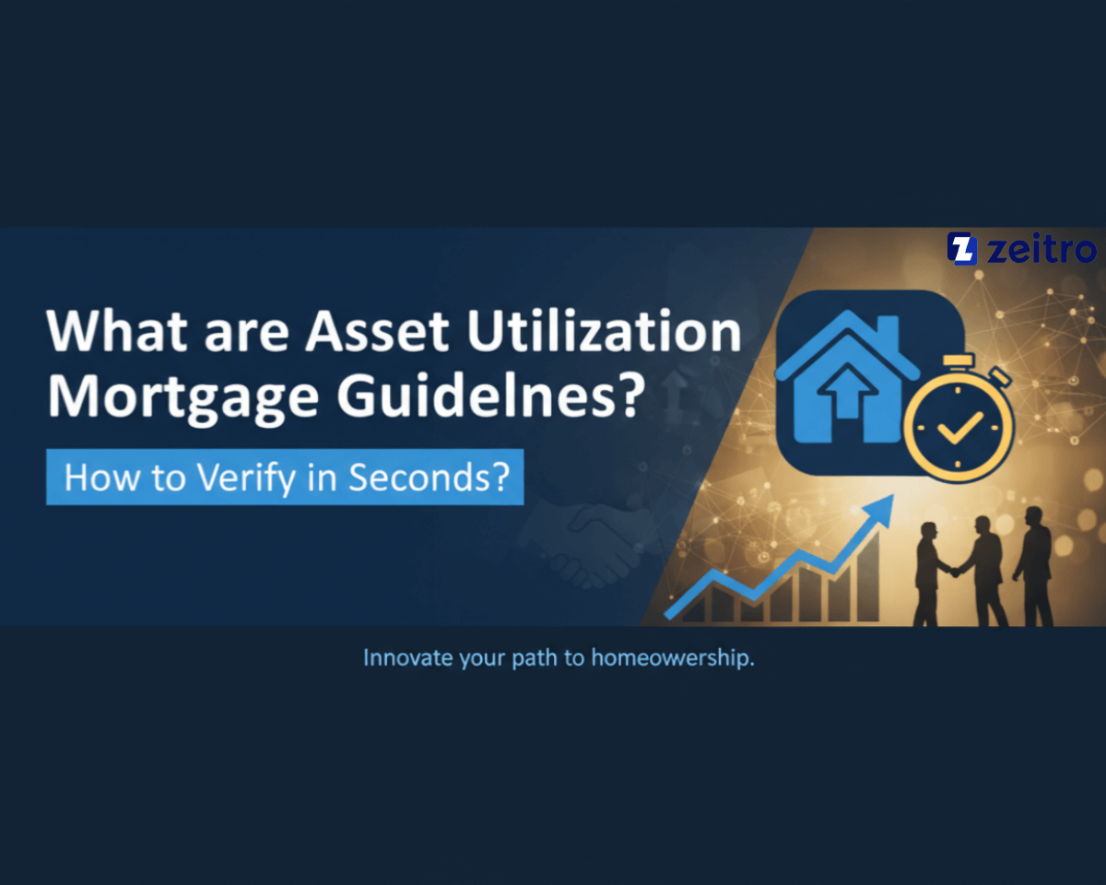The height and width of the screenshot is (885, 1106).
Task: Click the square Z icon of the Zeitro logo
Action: click(x=961, y=248)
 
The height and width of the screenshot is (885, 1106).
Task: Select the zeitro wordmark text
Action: click(x=1041, y=249)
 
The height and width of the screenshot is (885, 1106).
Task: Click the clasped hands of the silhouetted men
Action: click(x=955, y=572)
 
